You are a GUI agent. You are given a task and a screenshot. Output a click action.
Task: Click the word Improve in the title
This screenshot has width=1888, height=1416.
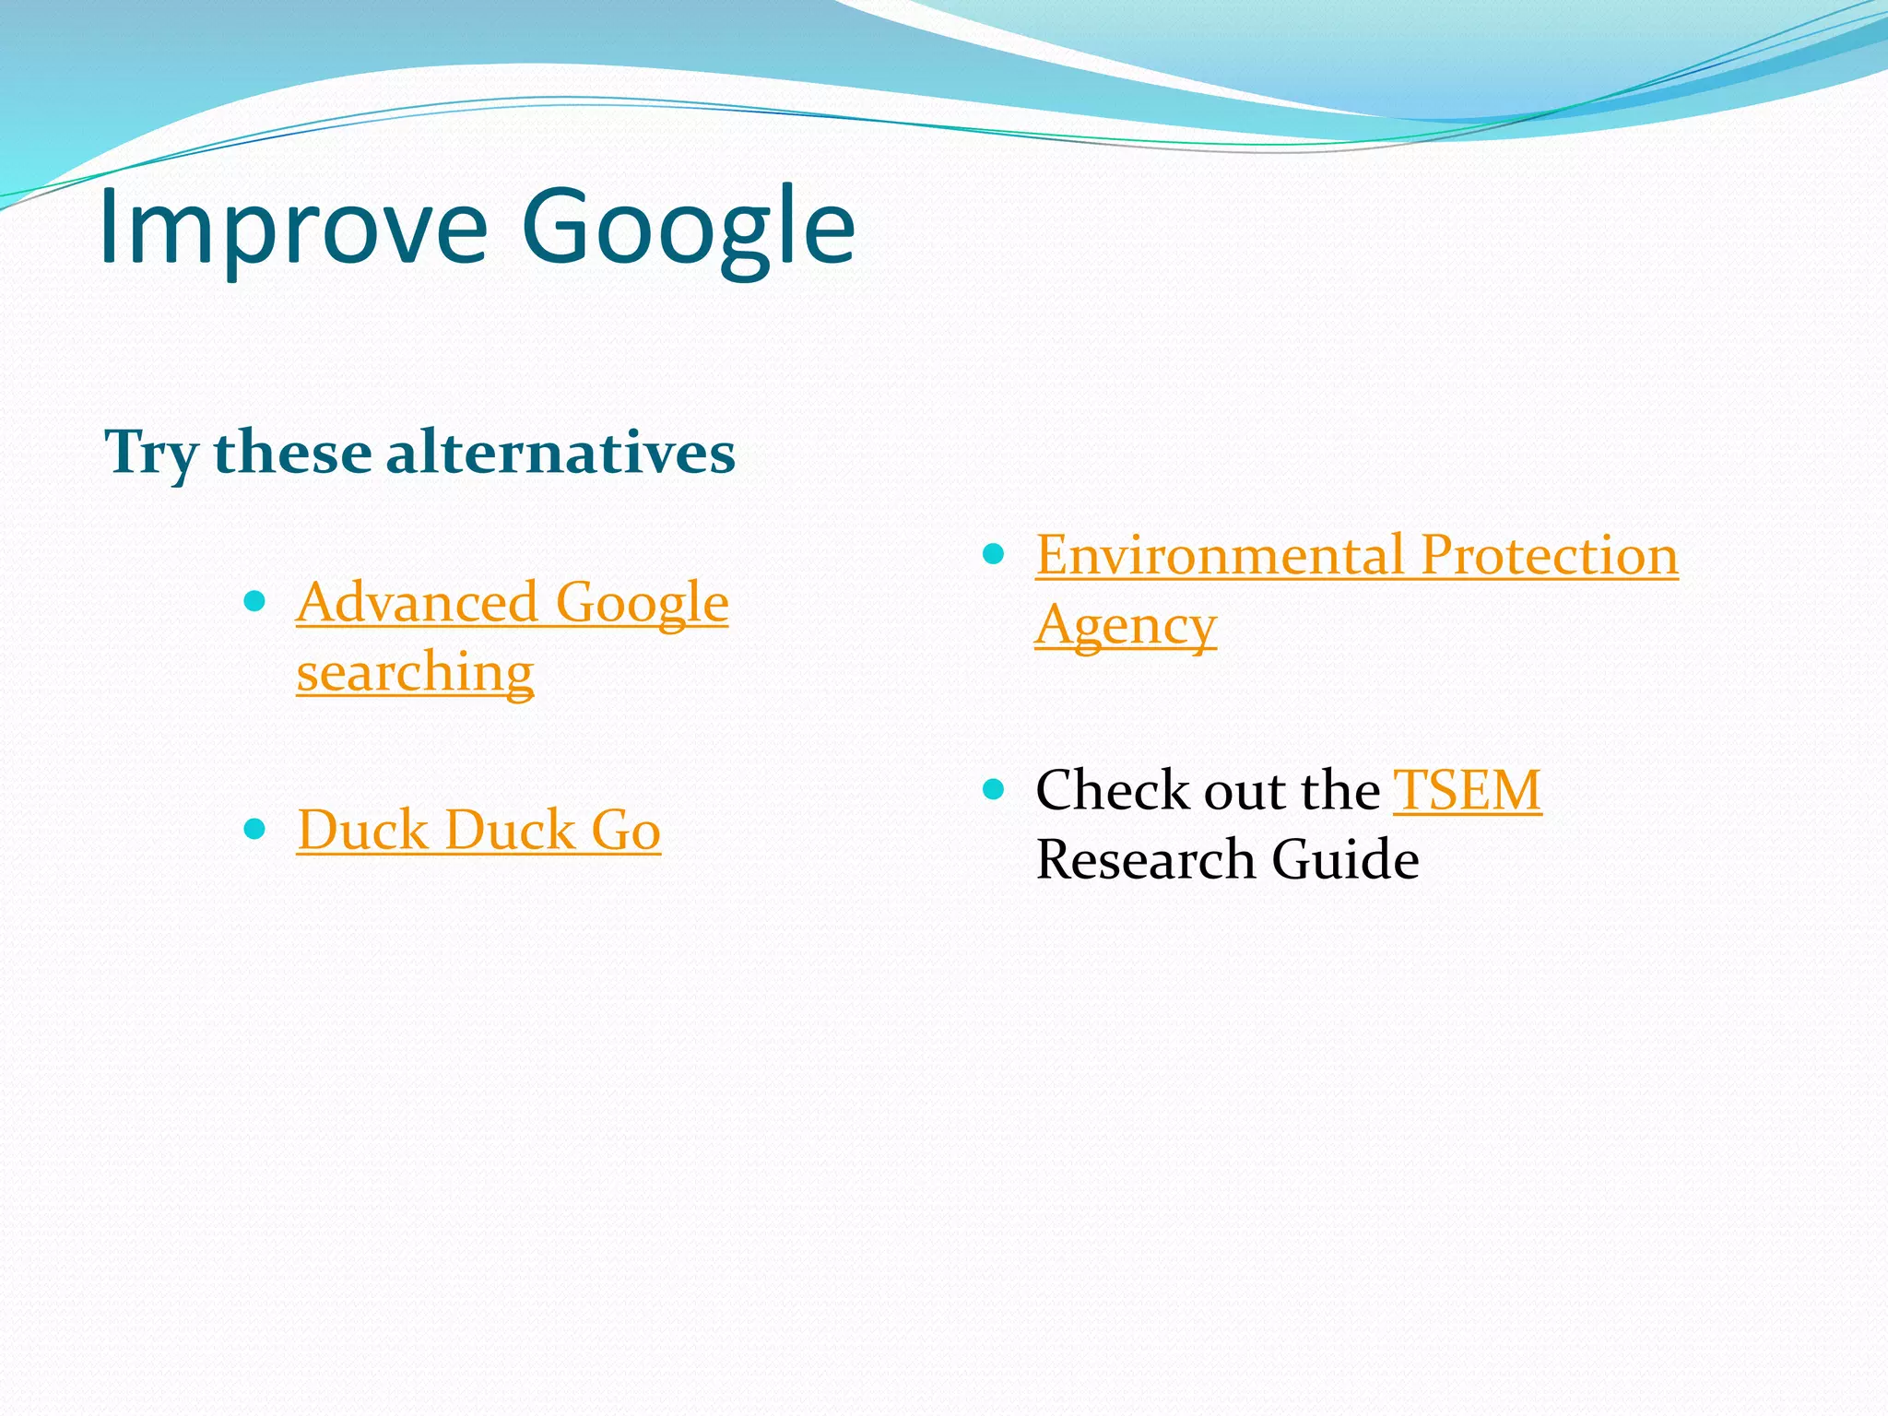292,226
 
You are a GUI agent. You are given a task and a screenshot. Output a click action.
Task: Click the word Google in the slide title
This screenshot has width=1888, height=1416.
688,226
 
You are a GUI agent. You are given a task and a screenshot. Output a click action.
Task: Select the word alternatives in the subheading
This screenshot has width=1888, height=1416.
560,454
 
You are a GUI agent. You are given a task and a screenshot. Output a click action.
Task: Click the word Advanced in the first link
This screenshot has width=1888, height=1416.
417,603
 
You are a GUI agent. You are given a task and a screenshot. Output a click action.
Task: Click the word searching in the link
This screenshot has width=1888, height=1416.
415,671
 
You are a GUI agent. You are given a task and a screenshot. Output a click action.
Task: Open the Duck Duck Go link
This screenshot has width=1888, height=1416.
478,830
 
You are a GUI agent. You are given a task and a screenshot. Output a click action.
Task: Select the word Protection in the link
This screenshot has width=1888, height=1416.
1549,556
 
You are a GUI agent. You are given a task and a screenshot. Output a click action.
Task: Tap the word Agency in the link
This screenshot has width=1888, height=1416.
1126,626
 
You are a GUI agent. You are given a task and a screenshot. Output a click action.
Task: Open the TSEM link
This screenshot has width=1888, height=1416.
1467,790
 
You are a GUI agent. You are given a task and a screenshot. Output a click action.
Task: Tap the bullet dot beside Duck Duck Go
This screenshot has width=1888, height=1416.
254,829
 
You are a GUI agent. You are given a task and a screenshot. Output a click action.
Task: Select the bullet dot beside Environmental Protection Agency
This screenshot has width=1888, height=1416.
993,554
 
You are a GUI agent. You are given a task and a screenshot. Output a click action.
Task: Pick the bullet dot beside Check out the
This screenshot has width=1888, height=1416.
993,789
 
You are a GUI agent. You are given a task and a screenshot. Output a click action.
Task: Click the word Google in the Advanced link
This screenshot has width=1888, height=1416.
642,603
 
